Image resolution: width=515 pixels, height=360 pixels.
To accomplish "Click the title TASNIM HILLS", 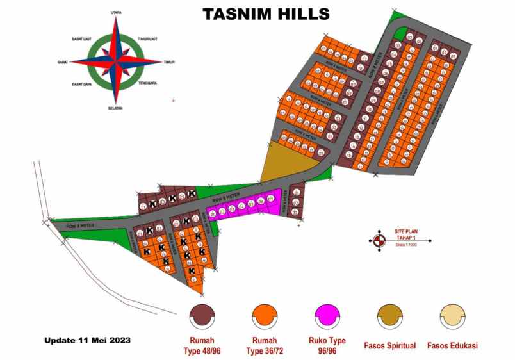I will [266, 14].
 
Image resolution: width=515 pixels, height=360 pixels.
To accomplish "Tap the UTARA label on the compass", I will [116, 12].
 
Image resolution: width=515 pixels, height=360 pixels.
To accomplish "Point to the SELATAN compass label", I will [116, 108].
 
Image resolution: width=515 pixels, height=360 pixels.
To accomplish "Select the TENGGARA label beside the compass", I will [148, 83].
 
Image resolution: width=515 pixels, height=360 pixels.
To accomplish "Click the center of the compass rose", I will [116, 61].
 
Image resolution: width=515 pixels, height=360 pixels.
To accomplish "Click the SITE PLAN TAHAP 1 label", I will [406, 234].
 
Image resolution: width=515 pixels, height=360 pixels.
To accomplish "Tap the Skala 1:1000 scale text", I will [406, 245].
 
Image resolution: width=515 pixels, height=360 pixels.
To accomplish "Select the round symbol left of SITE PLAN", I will [379, 240].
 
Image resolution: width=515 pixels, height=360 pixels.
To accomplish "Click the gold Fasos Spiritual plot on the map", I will [277, 166].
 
